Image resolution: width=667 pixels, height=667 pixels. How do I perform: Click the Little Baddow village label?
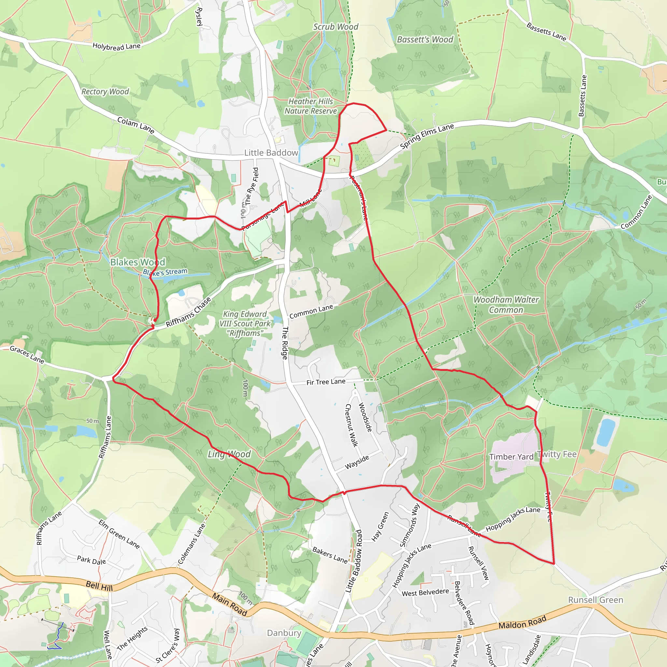point(271,153)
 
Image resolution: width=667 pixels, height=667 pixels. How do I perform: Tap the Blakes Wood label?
point(138,262)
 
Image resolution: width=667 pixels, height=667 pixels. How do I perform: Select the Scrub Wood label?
point(335,27)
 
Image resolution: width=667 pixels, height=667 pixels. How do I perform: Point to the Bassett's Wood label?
point(425,40)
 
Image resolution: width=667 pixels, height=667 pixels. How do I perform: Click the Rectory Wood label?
point(105,92)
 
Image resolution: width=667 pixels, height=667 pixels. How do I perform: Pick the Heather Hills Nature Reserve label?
point(311,106)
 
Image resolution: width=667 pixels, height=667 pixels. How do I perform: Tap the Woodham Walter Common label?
point(506,305)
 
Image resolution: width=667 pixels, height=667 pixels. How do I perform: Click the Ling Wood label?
point(229,454)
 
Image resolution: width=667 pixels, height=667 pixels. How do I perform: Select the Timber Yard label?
point(511,457)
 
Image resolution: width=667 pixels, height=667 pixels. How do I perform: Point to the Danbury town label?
point(284,632)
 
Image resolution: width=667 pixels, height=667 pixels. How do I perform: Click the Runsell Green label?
point(596,600)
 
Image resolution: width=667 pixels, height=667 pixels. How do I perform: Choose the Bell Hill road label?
point(99,586)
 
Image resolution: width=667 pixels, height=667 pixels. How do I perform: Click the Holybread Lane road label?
point(116,46)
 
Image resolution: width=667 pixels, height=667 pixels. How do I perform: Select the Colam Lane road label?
point(136,125)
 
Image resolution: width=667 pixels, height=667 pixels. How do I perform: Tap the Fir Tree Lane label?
point(326,382)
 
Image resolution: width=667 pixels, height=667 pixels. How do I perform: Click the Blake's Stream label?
point(165,272)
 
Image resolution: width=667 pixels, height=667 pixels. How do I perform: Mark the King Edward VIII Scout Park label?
point(245,323)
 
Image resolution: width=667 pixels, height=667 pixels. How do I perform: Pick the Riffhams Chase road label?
point(189,312)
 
